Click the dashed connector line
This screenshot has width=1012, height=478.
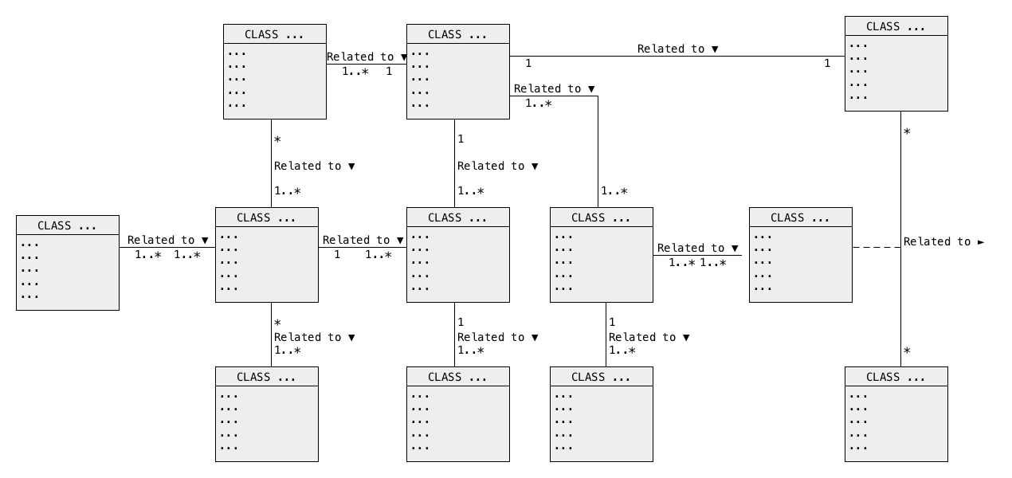(877, 247)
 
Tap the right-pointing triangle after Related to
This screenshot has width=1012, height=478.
(981, 243)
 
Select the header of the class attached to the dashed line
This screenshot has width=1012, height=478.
(801, 217)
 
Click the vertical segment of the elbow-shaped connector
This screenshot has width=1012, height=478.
(598, 152)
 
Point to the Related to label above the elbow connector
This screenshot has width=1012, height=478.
(547, 88)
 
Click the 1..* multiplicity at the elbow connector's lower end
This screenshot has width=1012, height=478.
(614, 191)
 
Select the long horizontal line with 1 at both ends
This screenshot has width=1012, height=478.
(677, 57)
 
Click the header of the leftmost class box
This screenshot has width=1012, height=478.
(68, 225)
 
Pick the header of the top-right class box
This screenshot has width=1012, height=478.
(896, 26)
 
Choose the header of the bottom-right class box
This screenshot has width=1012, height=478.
(896, 377)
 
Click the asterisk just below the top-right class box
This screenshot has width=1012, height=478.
(907, 132)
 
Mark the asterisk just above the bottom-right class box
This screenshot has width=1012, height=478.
(907, 351)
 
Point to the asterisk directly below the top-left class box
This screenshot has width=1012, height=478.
(277, 139)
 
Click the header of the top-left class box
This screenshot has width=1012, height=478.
(275, 34)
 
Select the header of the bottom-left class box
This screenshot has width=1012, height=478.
(267, 377)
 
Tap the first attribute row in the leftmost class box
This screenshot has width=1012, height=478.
(29, 245)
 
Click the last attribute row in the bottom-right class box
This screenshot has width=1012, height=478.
(858, 449)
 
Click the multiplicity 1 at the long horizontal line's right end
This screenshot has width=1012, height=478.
(827, 63)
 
